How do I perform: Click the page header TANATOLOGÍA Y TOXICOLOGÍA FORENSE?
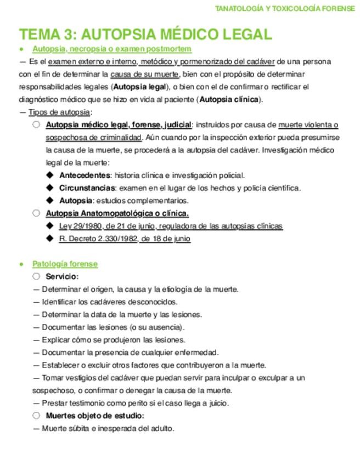coord(285,8)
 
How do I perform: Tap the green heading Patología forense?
coord(65,264)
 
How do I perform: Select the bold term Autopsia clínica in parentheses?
coord(230,99)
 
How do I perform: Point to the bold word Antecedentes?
coord(85,175)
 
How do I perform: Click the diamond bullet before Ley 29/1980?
coord(49,226)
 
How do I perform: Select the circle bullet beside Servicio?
coord(36,276)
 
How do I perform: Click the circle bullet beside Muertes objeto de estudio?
coord(36,416)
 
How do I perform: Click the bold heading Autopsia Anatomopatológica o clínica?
coord(117,213)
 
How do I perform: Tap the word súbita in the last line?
coord(77,428)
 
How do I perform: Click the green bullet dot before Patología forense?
coord(21,264)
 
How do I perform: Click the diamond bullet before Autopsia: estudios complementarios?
coord(49,201)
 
